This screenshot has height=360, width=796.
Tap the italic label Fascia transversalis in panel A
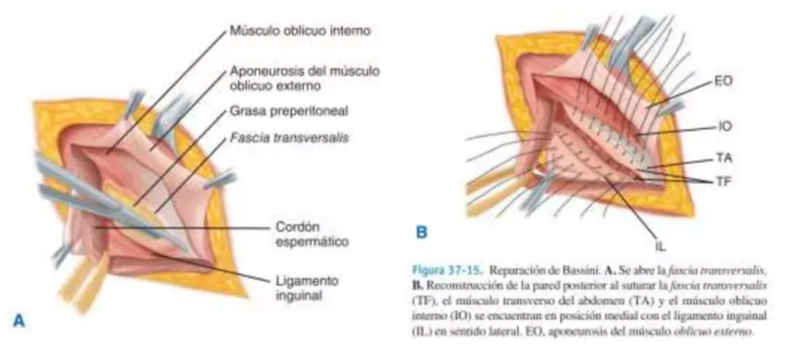tap(290, 137)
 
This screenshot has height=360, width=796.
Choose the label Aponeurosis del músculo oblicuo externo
tap(304, 76)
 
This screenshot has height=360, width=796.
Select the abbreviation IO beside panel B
tap(725, 126)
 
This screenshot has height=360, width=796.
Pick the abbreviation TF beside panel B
tap(724, 181)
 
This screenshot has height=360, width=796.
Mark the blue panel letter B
tap(422, 232)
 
